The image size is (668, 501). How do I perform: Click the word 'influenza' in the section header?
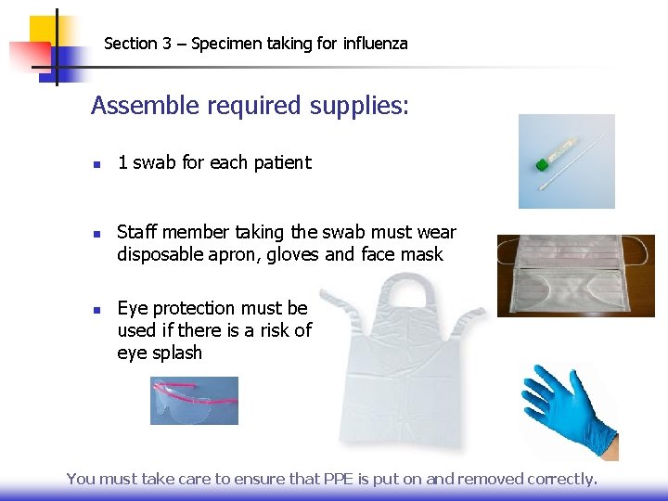[x=375, y=44]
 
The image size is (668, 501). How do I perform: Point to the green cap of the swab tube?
[x=541, y=165]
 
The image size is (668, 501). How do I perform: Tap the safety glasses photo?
[x=194, y=401]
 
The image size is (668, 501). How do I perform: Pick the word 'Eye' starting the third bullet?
[x=133, y=308]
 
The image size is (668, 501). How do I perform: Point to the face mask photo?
[x=575, y=276]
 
